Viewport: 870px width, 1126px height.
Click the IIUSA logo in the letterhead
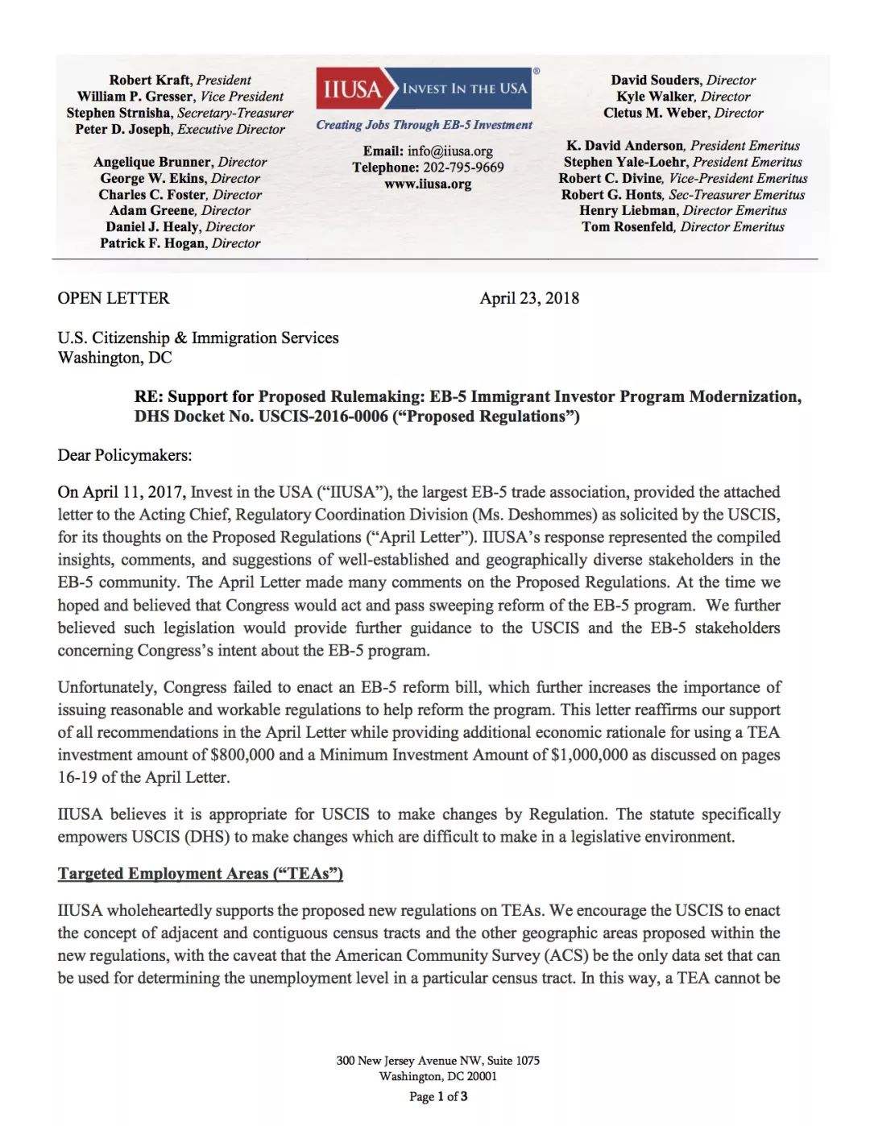click(x=426, y=89)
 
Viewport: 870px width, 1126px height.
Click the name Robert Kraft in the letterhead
click(x=150, y=80)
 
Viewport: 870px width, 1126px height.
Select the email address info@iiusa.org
click(x=449, y=151)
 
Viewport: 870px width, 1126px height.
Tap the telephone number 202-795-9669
click(x=462, y=168)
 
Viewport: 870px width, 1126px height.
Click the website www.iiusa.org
click(x=428, y=184)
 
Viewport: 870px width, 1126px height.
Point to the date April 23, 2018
click(x=529, y=298)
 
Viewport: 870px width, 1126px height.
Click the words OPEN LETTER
click(x=114, y=298)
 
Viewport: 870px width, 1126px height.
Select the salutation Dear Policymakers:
click(x=125, y=455)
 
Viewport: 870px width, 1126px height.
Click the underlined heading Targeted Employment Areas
click(x=200, y=874)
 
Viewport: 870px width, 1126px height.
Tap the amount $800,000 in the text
click(x=242, y=755)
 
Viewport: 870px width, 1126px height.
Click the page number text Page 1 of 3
click(x=438, y=1096)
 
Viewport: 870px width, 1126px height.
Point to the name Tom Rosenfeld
click(x=628, y=227)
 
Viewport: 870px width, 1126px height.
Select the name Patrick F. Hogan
click(x=153, y=243)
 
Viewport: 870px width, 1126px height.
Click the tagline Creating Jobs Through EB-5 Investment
click(x=424, y=125)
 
